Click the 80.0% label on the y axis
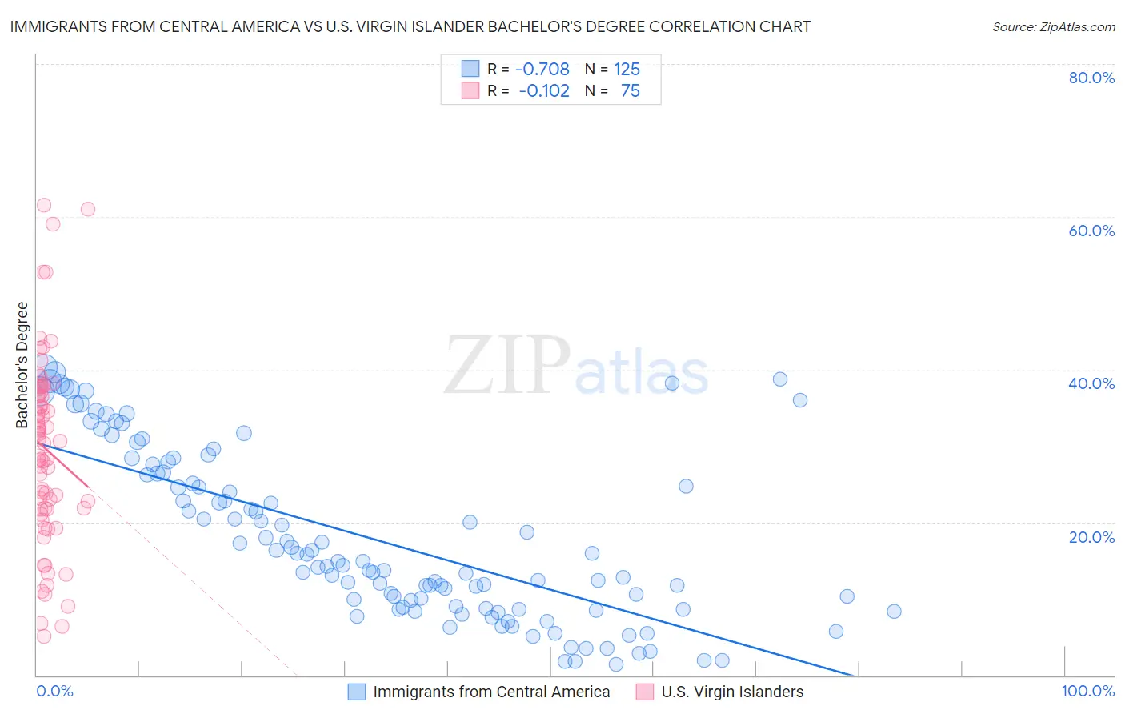point(1091,78)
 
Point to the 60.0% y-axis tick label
point(1091,231)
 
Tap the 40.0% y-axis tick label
point(1091,383)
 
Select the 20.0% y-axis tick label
point(1091,536)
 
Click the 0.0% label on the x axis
point(54,691)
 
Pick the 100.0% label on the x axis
point(1087,691)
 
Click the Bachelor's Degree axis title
point(22,365)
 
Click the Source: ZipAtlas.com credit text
point(1053,27)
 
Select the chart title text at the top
point(410,27)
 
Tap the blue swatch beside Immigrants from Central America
point(357,692)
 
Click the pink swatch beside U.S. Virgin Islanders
point(645,692)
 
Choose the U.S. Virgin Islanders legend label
point(732,692)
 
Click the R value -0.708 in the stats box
point(542,69)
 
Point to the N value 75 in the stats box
point(631,91)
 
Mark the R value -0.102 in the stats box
point(544,91)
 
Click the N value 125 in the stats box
point(627,69)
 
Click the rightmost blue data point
point(894,612)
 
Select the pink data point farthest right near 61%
point(88,209)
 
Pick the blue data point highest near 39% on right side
point(780,379)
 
